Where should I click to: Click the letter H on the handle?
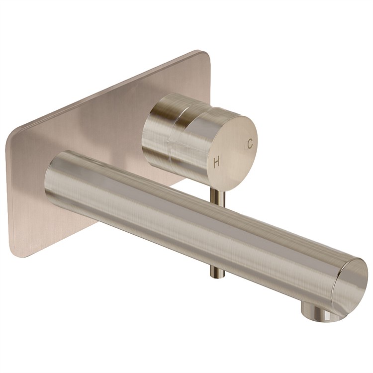pos(216,162)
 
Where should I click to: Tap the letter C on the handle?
pos(250,143)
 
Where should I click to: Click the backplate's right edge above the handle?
pos(209,80)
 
